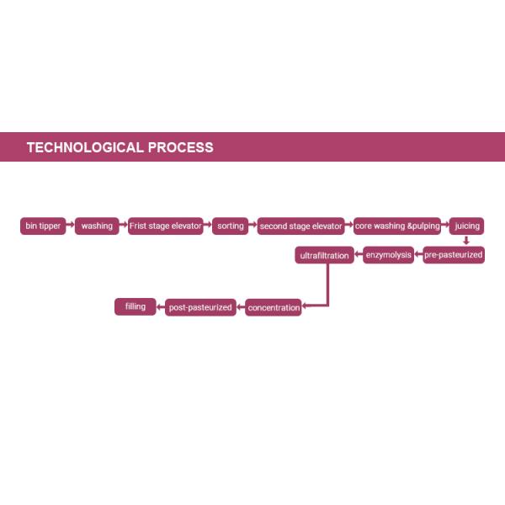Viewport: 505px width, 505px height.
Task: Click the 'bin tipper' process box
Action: point(43,226)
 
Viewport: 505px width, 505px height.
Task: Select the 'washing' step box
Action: point(97,226)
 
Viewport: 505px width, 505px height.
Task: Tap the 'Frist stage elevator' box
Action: point(166,226)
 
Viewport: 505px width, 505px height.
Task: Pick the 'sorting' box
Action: point(231,226)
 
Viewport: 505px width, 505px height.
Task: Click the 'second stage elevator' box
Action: point(301,226)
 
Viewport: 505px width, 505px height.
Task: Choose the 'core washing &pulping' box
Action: point(398,226)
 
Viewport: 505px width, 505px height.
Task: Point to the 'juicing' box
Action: point(466,226)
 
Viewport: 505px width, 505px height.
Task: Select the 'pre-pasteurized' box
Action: point(454,255)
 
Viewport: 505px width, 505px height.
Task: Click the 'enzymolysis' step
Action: point(389,255)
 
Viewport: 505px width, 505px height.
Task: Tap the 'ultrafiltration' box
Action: point(324,255)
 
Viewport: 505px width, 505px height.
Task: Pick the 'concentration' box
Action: point(274,308)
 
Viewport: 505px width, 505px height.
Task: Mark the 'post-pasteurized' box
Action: point(200,308)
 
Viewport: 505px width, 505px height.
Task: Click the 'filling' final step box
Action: point(136,307)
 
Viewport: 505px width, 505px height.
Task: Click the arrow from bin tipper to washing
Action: point(70,226)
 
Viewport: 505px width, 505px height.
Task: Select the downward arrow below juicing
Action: point(466,241)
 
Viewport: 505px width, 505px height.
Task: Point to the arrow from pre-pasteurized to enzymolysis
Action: point(418,255)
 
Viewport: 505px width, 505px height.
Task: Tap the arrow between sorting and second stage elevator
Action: point(252,226)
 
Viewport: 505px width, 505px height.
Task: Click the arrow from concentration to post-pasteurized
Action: point(240,308)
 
